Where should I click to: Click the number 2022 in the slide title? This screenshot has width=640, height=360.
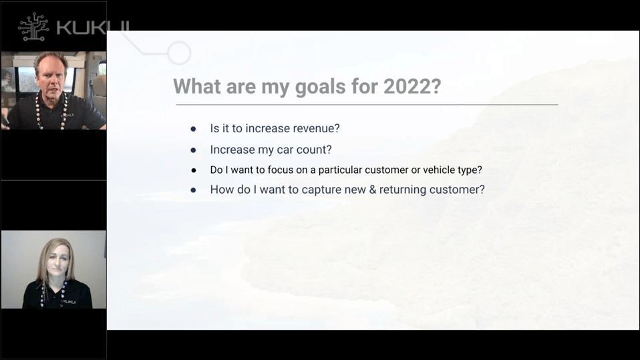coord(407,86)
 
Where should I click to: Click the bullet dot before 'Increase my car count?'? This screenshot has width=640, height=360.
coord(194,150)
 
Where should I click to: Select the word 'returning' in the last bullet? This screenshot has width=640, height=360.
coord(403,190)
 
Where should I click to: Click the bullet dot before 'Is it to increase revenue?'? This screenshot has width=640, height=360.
coord(194,129)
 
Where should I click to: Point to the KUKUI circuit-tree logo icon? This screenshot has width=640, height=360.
coord(33,27)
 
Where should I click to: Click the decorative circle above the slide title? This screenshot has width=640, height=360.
coord(179,53)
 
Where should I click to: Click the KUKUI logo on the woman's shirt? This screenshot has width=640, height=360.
coord(68,302)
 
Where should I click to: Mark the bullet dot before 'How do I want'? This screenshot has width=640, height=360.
coord(194,190)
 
